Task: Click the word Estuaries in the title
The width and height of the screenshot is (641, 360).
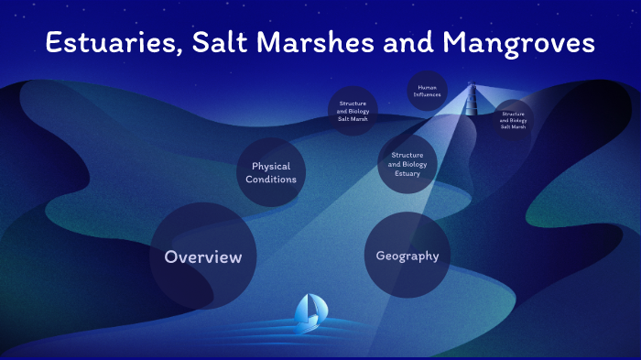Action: [x=109, y=43]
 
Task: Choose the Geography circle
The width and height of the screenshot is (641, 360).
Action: [x=407, y=256]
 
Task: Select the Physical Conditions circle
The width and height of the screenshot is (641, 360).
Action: [x=271, y=172]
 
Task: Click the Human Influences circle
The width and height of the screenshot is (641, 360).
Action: [x=427, y=91]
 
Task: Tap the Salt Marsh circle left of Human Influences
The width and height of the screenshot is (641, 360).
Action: [x=353, y=111]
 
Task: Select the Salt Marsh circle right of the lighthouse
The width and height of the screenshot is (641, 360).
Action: [x=513, y=120]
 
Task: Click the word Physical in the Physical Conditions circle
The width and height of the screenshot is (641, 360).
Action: [x=271, y=167]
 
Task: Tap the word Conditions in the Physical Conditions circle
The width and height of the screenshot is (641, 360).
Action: [x=271, y=179]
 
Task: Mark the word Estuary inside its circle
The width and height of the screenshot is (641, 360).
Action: [x=407, y=174]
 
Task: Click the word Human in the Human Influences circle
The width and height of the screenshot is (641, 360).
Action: [x=427, y=87]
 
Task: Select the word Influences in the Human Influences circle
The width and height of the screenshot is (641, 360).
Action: [x=427, y=94]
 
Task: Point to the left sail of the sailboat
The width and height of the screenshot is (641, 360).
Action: [x=302, y=310]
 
